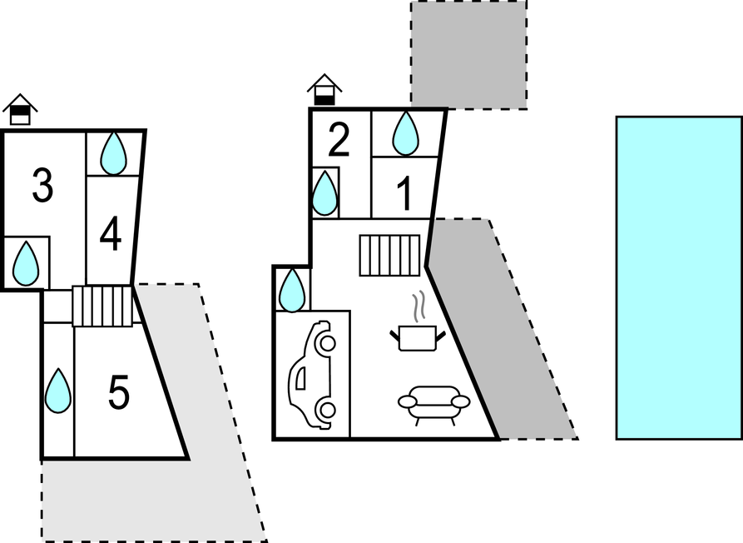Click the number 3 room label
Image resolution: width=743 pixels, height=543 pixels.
coord(42,186)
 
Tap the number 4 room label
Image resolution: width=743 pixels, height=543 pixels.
coord(111,234)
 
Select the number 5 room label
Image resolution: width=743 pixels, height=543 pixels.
coord(118,392)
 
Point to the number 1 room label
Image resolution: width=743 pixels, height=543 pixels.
coord(404,193)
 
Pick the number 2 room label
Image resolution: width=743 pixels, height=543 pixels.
coord(339,139)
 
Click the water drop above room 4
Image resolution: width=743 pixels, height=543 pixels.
coord(114,153)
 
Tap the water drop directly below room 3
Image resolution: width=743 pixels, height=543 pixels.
coord(26,264)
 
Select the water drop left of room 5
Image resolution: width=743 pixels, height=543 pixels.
coord(57,391)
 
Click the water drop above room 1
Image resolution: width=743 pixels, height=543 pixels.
coord(406,133)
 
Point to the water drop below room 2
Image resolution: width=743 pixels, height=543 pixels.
coord(325,193)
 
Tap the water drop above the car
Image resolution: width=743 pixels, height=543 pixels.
coord(292,290)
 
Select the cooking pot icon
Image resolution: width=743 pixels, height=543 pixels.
coord(418,338)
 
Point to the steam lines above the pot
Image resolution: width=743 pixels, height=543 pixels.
coord(418,306)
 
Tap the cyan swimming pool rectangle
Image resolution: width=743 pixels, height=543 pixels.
coord(680,278)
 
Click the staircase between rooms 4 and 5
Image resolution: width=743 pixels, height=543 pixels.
coord(102,306)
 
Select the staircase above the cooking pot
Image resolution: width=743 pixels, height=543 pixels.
coord(389,255)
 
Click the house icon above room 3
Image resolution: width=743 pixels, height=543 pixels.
coord(20,110)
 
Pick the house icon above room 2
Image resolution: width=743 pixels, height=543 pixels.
coord(324,90)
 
